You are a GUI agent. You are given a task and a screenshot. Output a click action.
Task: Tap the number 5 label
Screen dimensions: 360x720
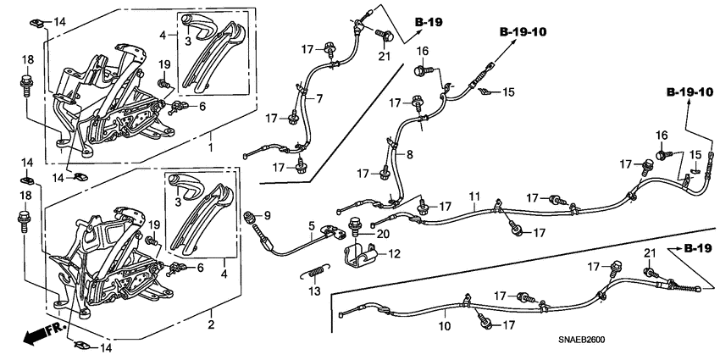pos(311,225)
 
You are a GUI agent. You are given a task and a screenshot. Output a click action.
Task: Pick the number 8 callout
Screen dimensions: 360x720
pos(409,154)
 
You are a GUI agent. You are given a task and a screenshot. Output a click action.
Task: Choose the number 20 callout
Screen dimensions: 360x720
pos(383,234)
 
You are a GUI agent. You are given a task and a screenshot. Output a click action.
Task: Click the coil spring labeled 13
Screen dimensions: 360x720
pos(314,272)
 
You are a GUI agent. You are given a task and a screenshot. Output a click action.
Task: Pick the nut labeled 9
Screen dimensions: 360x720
pos(251,220)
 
